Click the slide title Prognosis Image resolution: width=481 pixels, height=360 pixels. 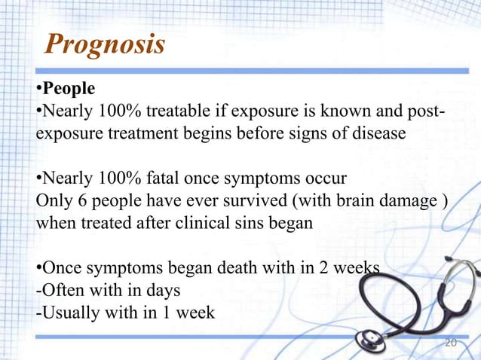tap(105, 44)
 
